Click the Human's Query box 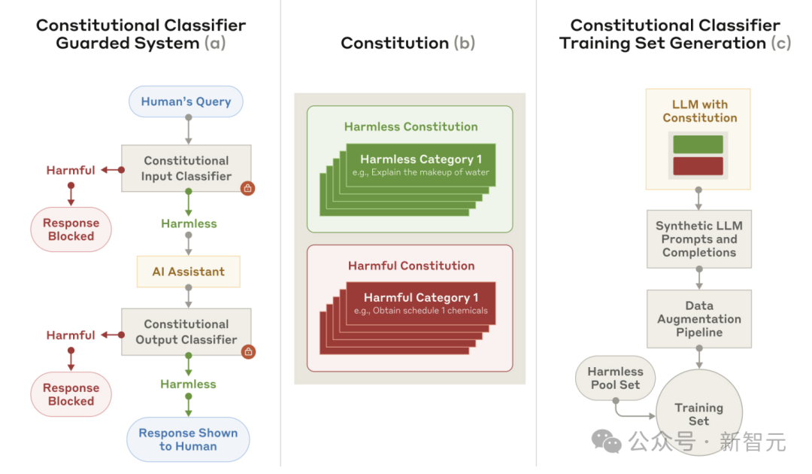(186, 102)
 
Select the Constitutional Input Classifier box (186, 168)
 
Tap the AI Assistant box (188, 272)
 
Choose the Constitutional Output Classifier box (186, 332)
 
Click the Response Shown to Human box (188, 439)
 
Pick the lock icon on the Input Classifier (247, 188)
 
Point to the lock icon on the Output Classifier (247, 351)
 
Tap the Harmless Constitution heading (411, 126)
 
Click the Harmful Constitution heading (411, 266)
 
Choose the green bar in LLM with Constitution (698, 144)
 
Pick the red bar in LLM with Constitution (698, 166)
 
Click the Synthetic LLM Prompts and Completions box (699, 239)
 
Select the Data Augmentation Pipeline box (699, 319)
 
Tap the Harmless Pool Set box (615, 378)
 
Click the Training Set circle (699, 414)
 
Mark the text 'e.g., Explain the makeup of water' (421, 172)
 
